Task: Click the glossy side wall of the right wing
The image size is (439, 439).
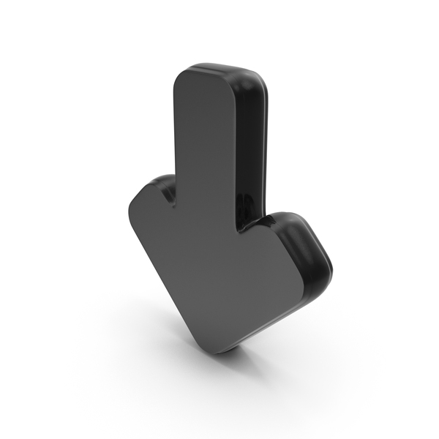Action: [311, 249]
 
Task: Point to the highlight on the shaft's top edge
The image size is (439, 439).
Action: [219, 68]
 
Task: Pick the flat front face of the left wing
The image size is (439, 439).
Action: [157, 219]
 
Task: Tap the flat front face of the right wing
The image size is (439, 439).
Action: [274, 249]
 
